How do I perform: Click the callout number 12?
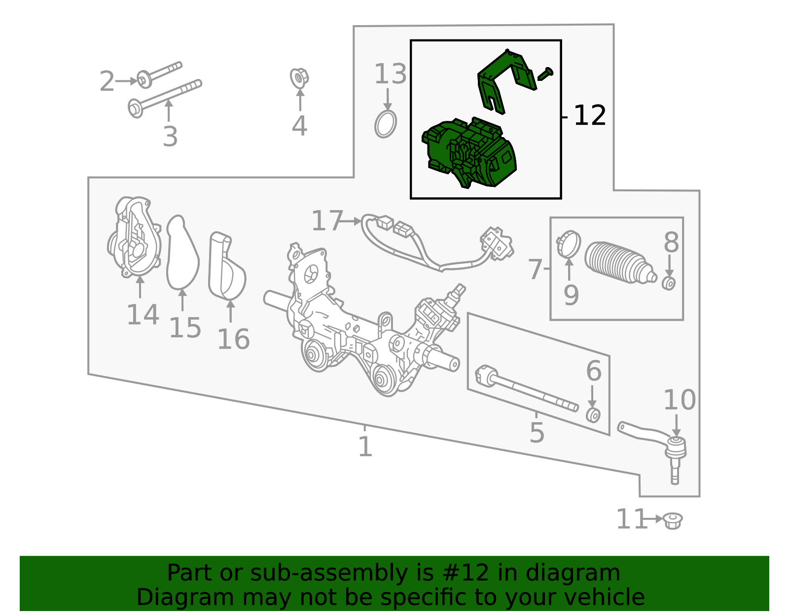coord(589,116)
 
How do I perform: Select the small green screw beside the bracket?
coord(545,74)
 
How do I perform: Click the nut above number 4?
coord(299,78)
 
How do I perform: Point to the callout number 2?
coord(107,81)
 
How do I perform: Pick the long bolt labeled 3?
coord(165,98)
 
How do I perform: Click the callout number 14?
coord(143,315)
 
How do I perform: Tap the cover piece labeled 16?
coord(227,266)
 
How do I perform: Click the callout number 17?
coord(327,220)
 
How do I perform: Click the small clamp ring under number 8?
coord(669,283)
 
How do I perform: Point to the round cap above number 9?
coord(569,244)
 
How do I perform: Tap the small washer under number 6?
coord(593,415)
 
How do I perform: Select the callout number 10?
coord(680,400)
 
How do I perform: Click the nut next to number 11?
coord(673,521)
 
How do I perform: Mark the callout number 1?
coord(365,447)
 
